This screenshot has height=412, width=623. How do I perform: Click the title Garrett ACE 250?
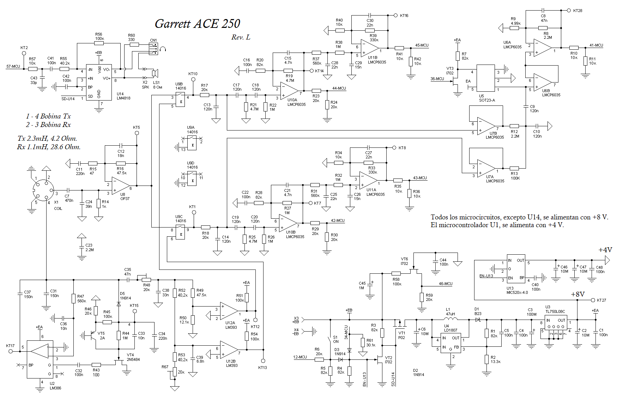point(197,24)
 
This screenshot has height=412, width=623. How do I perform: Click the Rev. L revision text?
point(241,37)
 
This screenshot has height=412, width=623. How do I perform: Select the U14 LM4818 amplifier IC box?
point(99,82)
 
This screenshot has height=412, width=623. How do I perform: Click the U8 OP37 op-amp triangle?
point(120,186)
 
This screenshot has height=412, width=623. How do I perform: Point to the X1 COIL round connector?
point(43,190)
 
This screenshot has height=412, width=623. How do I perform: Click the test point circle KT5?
point(137,133)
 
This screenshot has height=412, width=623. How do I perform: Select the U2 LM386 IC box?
point(40,359)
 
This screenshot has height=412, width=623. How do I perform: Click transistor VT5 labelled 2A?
point(93,335)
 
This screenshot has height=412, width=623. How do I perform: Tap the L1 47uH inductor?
point(452,319)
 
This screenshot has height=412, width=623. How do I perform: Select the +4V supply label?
point(605,250)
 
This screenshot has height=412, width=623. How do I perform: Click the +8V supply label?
point(578,294)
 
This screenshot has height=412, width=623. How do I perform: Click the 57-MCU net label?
point(13,66)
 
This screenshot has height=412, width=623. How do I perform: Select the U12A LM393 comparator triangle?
point(229,311)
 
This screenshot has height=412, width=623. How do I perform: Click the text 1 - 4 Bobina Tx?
point(48,116)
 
